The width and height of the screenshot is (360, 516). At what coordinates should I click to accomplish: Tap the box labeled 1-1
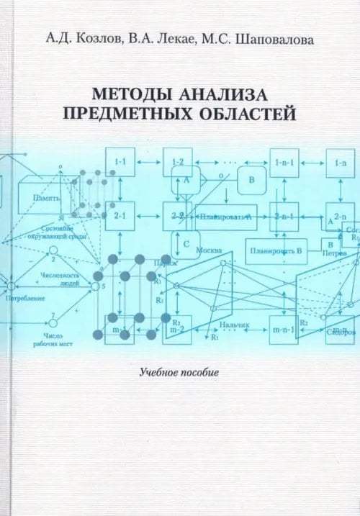pos(120,163)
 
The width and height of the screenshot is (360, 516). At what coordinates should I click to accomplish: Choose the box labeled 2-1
pos(120,215)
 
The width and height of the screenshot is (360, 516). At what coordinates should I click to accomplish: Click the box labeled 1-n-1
pos(284,163)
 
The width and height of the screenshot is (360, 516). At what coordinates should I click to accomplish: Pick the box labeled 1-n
pos(339,163)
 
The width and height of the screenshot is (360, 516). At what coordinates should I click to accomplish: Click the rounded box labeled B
pos(252,180)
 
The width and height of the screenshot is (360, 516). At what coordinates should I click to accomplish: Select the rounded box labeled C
pos(185,245)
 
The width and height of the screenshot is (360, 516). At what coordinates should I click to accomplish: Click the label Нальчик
pos(235,325)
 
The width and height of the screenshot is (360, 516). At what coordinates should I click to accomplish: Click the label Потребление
pos(24,297)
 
